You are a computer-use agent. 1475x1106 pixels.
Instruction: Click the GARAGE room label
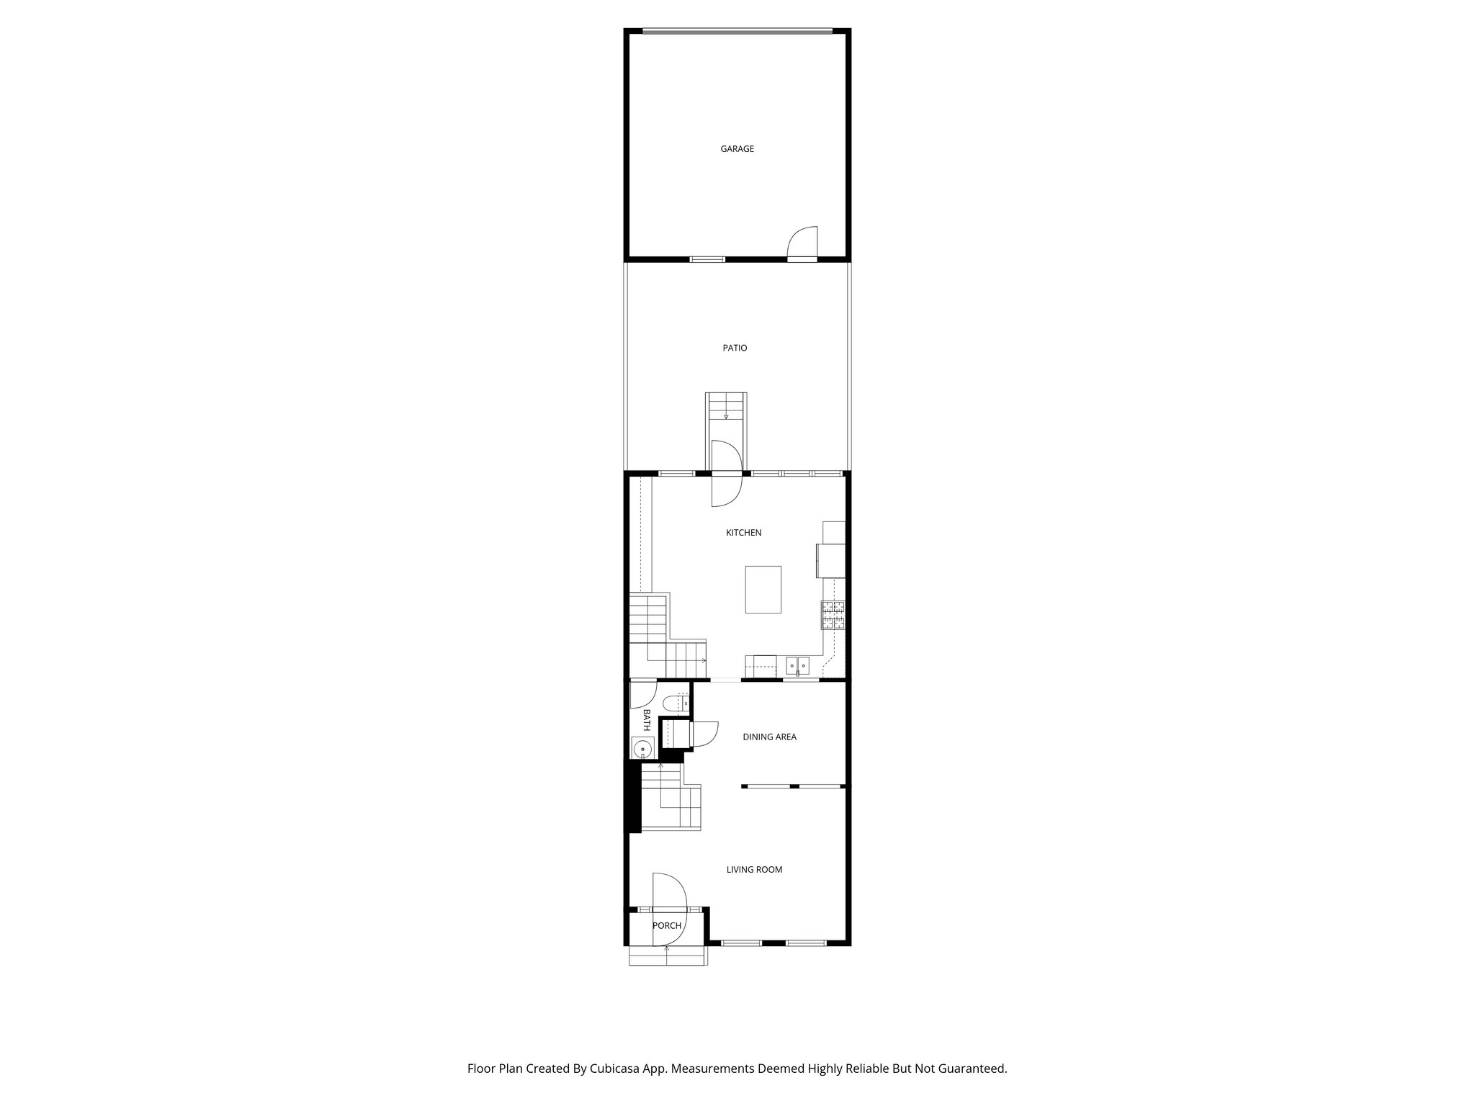click(x=737, y=149)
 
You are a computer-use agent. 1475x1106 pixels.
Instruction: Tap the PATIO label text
click(x=735, y=348)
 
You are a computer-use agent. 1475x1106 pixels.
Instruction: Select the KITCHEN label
click(x=743, y=533)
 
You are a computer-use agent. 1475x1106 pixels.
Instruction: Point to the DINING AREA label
click(x=769, y=737)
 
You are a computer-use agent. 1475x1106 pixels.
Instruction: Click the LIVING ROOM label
click(x=754, y=869)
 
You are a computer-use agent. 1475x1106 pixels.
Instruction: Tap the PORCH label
click(x=666, y=925)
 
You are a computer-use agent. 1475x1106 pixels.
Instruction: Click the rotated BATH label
click(x=646, y=720)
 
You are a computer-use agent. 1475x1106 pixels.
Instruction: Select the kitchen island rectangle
click(x=763, y=589)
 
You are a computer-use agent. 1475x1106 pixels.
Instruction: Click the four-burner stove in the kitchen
click(x=834, y=616)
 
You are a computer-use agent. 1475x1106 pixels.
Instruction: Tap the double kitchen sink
click(x=797, y=666)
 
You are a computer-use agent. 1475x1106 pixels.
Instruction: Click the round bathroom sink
click(x=641, y=749)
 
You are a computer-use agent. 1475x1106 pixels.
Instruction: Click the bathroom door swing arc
click(x=641, y=694)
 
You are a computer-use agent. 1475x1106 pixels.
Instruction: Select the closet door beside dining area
click(x=703, y=734)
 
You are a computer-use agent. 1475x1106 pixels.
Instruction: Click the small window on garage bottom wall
click(x=707, y=258)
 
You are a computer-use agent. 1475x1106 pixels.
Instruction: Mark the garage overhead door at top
click(x=737, y=31)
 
